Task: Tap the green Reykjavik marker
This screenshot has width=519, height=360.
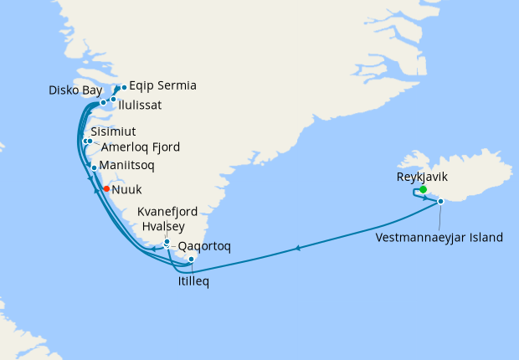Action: [x=424, y=190]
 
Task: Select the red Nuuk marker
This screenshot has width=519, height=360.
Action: [x=106, y=188]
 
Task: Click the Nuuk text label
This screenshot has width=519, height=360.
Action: [x=126, y=190]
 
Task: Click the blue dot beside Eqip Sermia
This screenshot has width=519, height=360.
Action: [x=124, y=87]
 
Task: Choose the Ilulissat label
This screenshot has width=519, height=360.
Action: [x=140, y=105]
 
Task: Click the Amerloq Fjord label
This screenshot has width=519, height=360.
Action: [x=135, y=147]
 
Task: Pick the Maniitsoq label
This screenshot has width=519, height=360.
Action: [x=126, y=166]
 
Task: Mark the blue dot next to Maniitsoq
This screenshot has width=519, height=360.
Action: [x=94, y=167]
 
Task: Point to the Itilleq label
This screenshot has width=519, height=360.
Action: [x=193, y=281]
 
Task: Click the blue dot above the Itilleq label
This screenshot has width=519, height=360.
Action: [x=192, y=260]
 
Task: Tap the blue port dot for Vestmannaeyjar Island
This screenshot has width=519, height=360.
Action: [x=440, y=201]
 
